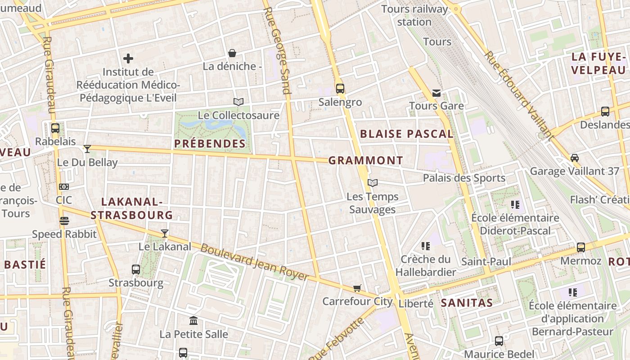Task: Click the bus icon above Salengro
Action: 340,89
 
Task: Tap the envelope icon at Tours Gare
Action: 436,93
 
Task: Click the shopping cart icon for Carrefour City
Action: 357,288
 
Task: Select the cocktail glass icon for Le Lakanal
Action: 165,233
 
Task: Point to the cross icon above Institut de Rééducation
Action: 128,58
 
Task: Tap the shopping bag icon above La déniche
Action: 232,54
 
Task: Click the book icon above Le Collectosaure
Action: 238,102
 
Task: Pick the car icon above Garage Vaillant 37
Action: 575,158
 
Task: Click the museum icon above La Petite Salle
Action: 193,321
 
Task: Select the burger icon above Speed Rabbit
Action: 64,221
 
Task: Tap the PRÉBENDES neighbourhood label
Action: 210,144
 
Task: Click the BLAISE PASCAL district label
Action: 407,134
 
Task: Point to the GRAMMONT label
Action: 366,161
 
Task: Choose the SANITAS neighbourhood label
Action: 467,303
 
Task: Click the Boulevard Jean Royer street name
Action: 254,262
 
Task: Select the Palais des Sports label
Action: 464,178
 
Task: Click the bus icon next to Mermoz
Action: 581,247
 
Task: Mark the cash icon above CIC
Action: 64,187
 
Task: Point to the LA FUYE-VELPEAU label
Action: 598,63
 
